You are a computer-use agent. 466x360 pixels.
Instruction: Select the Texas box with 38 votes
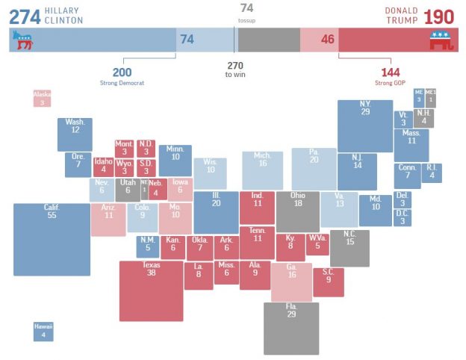pos(151,291)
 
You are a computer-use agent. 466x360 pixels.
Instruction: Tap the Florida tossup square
pos(291,328)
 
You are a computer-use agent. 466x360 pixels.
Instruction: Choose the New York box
pos(364,125)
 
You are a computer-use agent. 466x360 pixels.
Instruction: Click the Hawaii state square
pos(43,331)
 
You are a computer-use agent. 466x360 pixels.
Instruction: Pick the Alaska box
pos(42,98)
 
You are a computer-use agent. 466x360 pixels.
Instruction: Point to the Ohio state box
pos(297,211)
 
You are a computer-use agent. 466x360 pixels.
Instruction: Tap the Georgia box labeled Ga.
pos(291,282)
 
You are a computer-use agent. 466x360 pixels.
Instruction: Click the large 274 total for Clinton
pos(24,16)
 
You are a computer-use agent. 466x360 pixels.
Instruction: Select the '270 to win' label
pos(234,70)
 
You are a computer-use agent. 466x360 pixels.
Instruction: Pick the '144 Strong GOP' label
pos(391,75)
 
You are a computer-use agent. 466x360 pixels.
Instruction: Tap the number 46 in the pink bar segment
pos(327,39)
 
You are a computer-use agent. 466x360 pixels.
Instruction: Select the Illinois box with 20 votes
pos(216,212)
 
